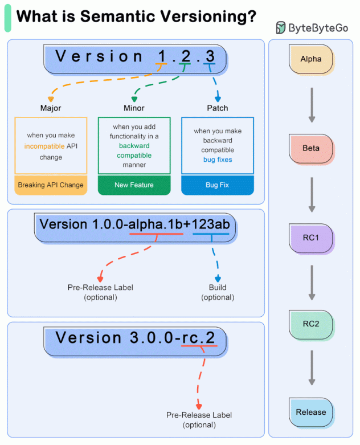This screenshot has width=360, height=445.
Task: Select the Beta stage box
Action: pyautogui.click(x=311, y=149)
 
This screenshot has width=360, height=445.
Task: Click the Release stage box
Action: pyautogui.click(x=311, y=413)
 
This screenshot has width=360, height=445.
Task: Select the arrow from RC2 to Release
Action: pyautogui.click(x=312, y=368)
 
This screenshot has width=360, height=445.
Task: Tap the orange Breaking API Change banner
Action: pyautogui.click(x=51, y=185)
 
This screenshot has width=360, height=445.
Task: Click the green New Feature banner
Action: pyautogui.click(x=134, y=185)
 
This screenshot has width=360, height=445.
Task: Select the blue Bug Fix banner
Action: pyautogui.click(x=217, y=185)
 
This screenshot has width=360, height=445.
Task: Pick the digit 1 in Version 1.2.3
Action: pyautogui.click(x=162, y=56)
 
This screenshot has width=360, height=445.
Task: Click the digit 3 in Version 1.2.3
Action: pyautogui.click(x=210, y=56)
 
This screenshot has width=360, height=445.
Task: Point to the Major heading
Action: pyautogui.click(x=51, y=108)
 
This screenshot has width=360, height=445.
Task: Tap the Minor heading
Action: pyautogui.click(x=134, y=108)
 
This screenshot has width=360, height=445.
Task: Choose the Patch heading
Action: pyautogui.click(x=217, y=108)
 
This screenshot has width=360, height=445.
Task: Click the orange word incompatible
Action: pyautogui.click(x=45, y=146)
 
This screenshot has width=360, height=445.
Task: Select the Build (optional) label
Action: pyautogui.click(x=217, y=292)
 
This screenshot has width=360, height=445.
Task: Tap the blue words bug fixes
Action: pyautogui.click(x=218, y=160)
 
